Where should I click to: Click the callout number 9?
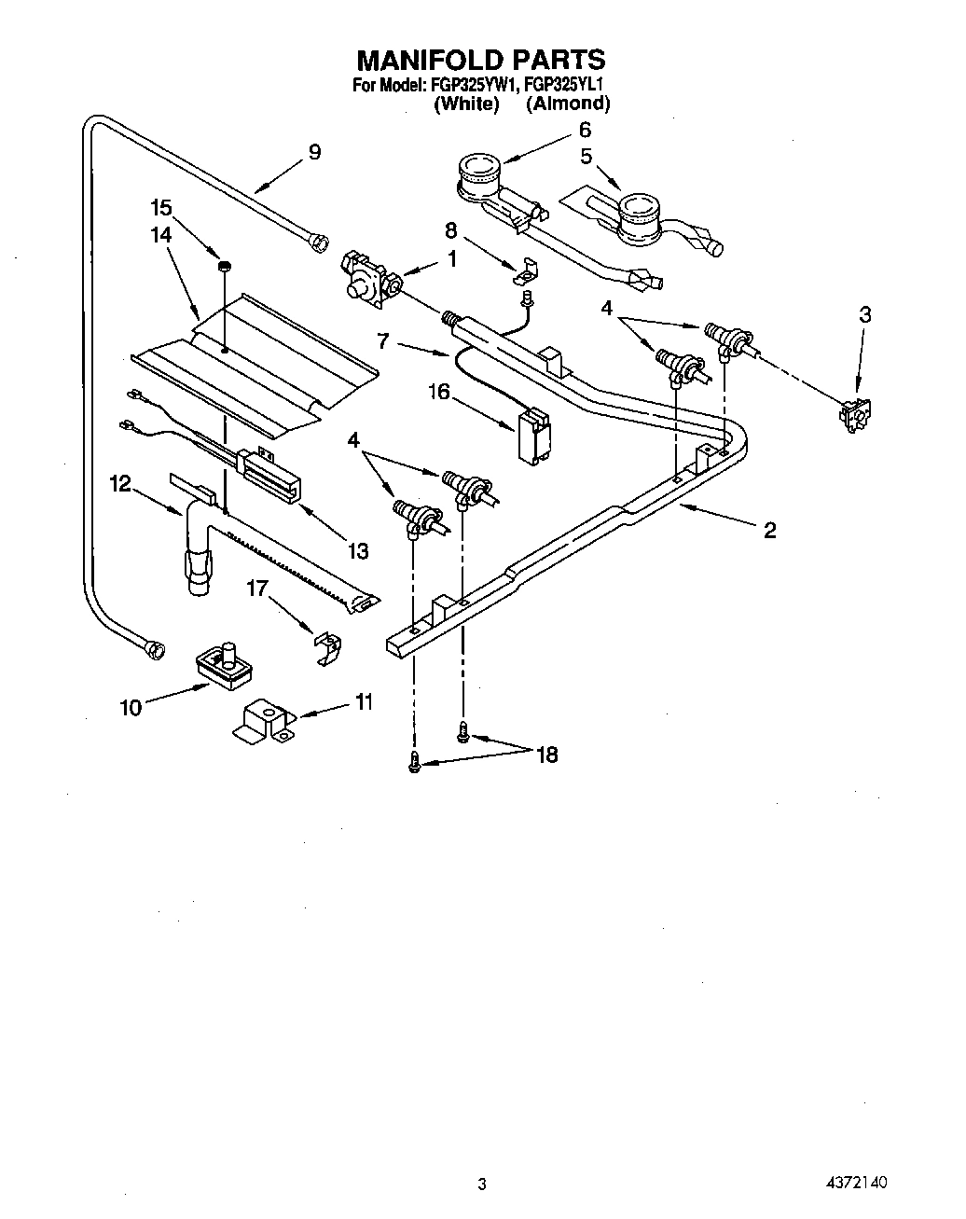[x=314, y=152]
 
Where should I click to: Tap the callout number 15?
[x=162, y=207]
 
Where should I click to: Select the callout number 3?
[x=865, y=315]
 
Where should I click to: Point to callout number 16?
[x=437, y=392]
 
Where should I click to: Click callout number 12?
[x=120, y=483]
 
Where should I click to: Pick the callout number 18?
[x=547, y=755]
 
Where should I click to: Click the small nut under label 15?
[x=225, y=267]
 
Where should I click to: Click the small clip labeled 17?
[x=325, y=644]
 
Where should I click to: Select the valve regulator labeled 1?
[x=370, y=279]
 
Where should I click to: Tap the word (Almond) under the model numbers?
[x=568, y=104]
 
